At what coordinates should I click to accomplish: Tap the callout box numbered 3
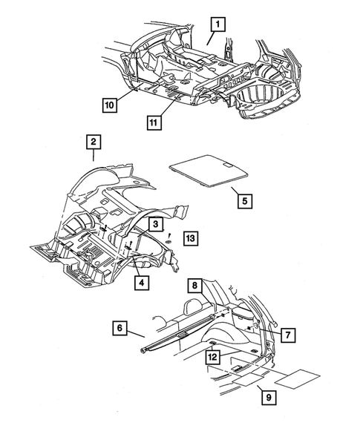pyautogui.click(x=155, y=223)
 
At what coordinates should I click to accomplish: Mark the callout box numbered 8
pyautogui.click(x=194, y=285)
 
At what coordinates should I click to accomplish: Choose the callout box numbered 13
pyautogui.click(x=190, y=237)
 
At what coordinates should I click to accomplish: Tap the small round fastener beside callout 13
pyautogui.click(x=170, y=240)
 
